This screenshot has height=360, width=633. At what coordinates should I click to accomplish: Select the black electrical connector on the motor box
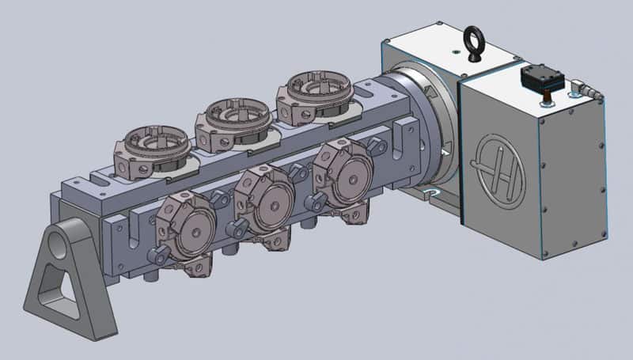tap(541, 78)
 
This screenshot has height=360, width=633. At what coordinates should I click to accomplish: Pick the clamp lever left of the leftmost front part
tap(157, 254)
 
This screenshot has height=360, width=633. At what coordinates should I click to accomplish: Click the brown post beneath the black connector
tap(544, 99)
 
